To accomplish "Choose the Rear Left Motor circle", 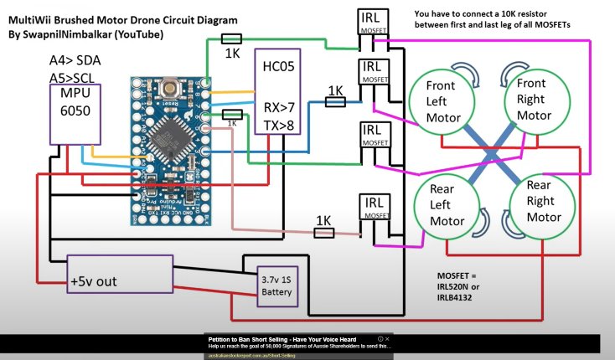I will point(448,210).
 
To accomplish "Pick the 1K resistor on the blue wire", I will point(336,101).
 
